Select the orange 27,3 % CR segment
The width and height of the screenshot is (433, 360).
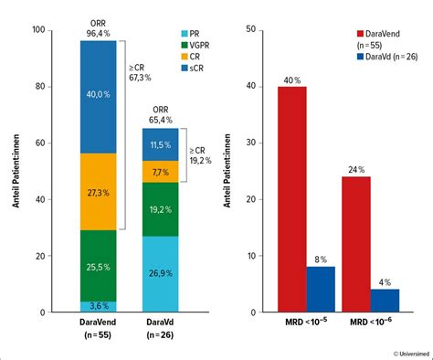[x=111, y=192]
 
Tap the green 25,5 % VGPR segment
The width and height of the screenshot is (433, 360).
[x=111, y=266]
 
